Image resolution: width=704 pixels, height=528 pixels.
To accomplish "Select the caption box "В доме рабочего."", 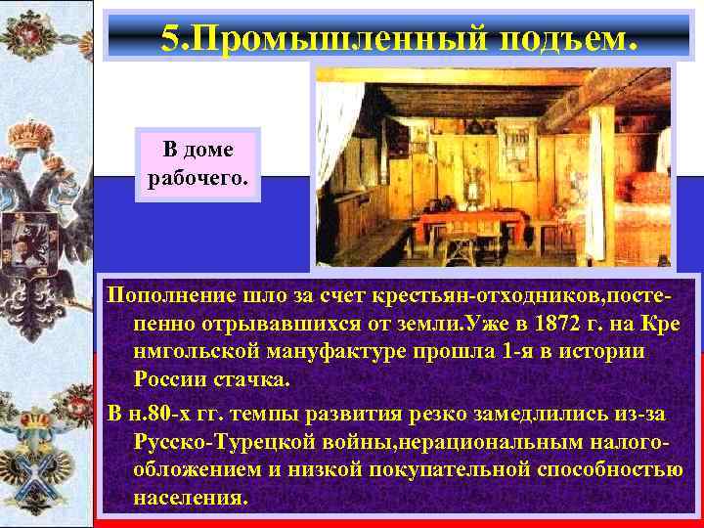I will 198,165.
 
